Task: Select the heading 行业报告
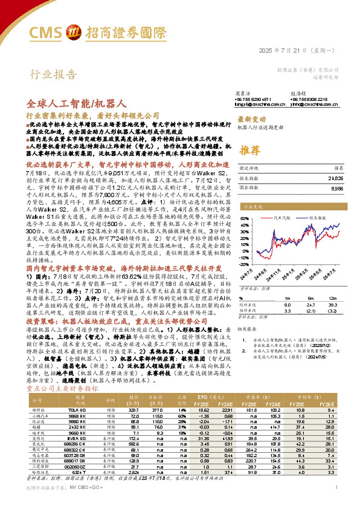pyautogui.click(x=46, y=75)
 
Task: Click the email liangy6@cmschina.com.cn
pyautogui.click(x=237, y=104)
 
